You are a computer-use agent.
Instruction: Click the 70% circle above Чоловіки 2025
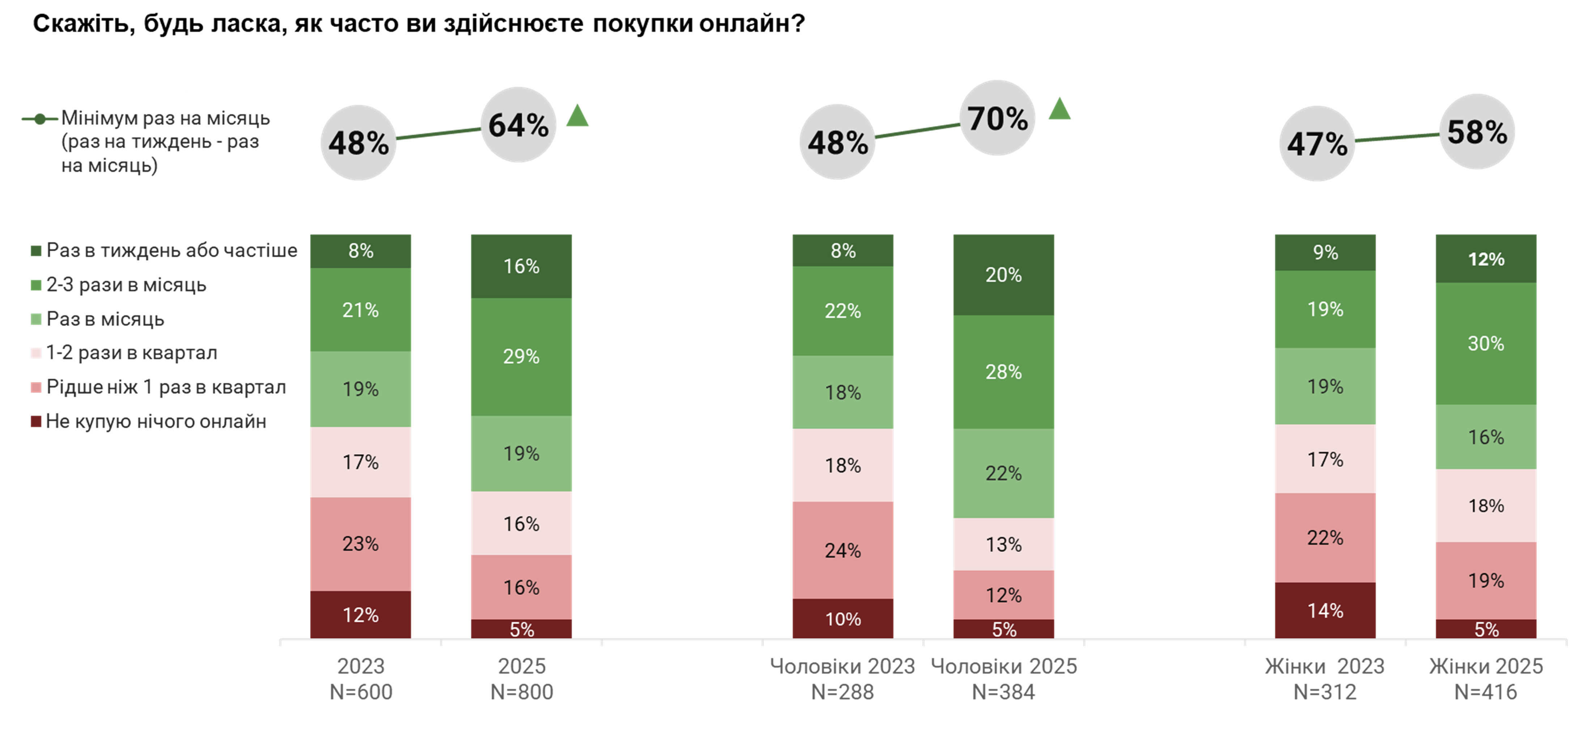[x=997, y=118]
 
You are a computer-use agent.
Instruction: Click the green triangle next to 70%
[x=1059, y=110]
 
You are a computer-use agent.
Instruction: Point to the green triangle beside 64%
[x=577, y=116]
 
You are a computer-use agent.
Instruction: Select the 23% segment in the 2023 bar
[x=360, y=544]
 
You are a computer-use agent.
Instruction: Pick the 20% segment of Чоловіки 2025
[x=1003, y=275]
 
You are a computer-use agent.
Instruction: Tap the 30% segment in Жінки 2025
[x=1486, y=343]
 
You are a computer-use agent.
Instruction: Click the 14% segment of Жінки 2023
[x=1325, y=610]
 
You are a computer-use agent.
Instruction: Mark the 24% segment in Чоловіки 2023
[x=842, y=550]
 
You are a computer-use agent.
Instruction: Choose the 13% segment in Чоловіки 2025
[x=1003, y=544]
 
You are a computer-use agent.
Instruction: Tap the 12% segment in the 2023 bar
[x=360, y=615]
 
